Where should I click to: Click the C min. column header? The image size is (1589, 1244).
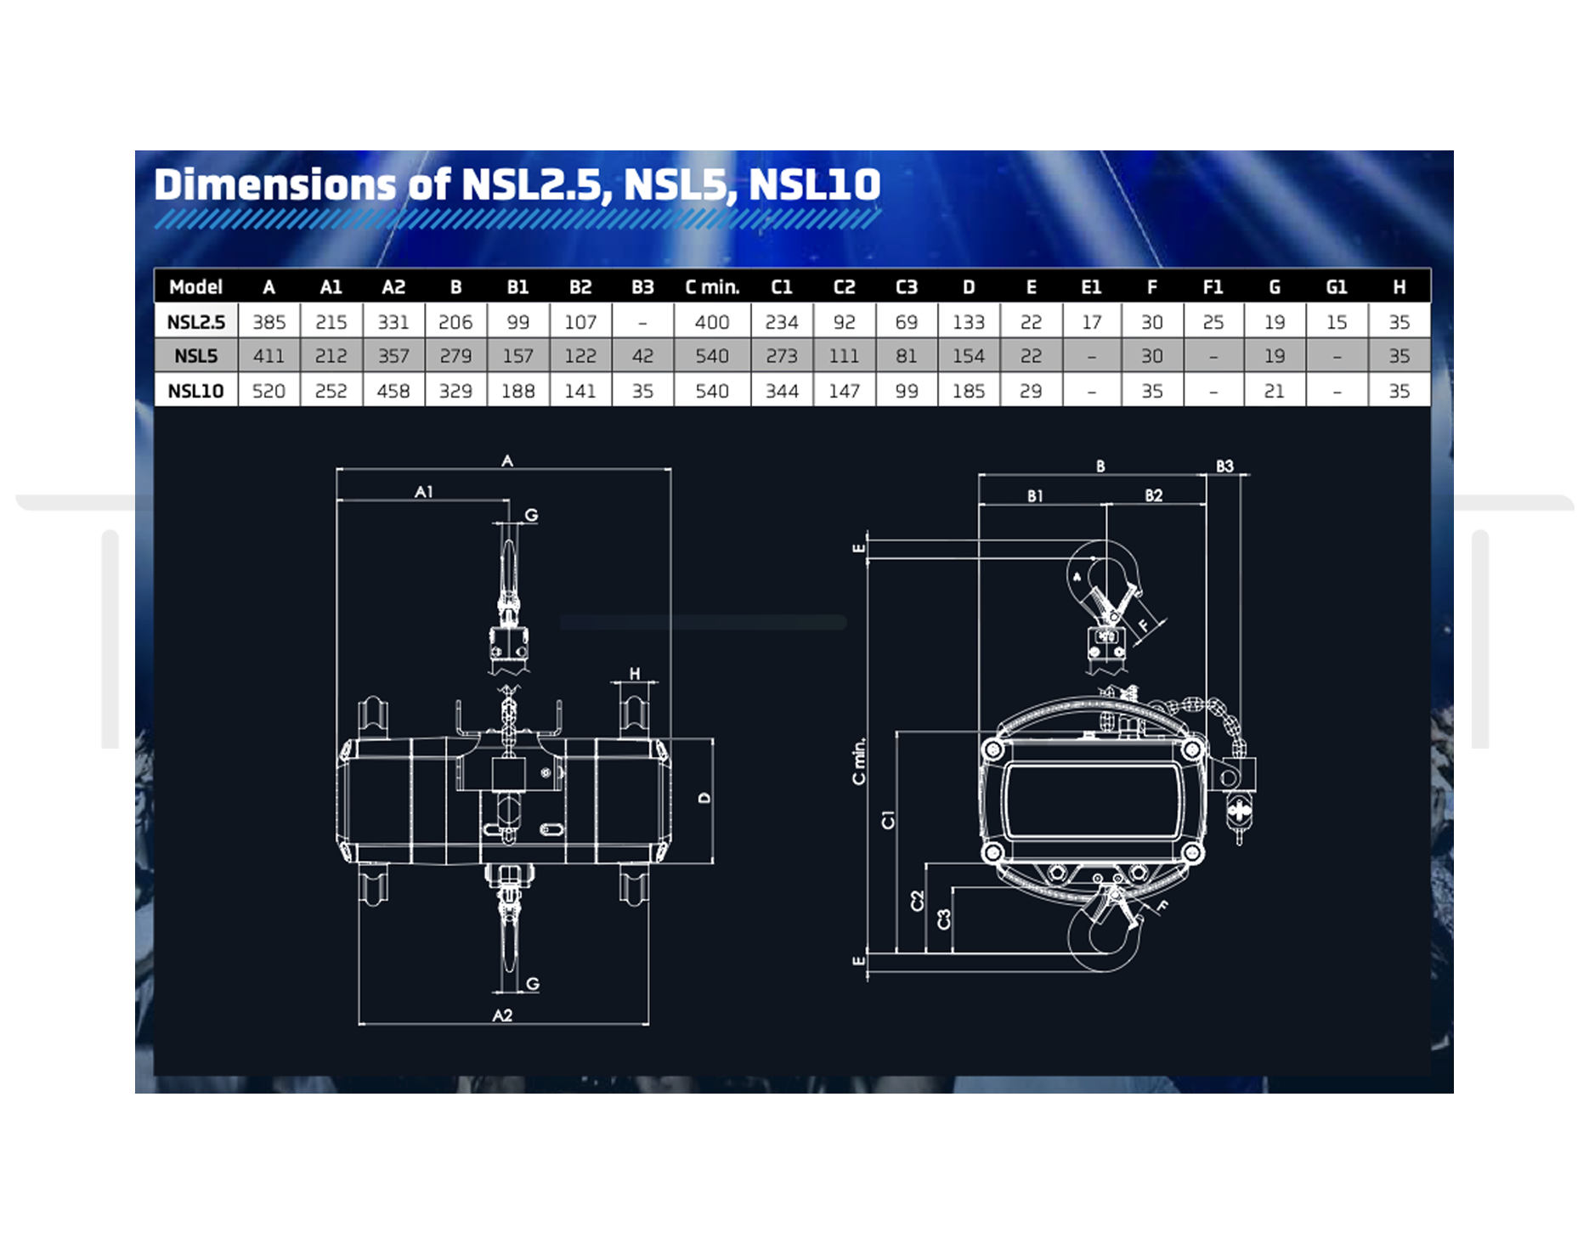click(712, 287)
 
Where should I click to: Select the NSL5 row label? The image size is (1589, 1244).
click(196, 356)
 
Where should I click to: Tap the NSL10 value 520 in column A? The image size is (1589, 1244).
click(269, 391)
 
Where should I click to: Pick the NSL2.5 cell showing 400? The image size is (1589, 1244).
click(712, 322)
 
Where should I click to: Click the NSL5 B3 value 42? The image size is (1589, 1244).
click(642, 356)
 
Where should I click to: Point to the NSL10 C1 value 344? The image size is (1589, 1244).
click(782, 391)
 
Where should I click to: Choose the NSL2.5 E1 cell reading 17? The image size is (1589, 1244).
click(1092, 322)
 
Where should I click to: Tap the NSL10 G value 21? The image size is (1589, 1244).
click(1275, 391)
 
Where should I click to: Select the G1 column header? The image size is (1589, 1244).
click(1337, 287)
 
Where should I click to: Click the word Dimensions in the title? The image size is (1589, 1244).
click(275, 184)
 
